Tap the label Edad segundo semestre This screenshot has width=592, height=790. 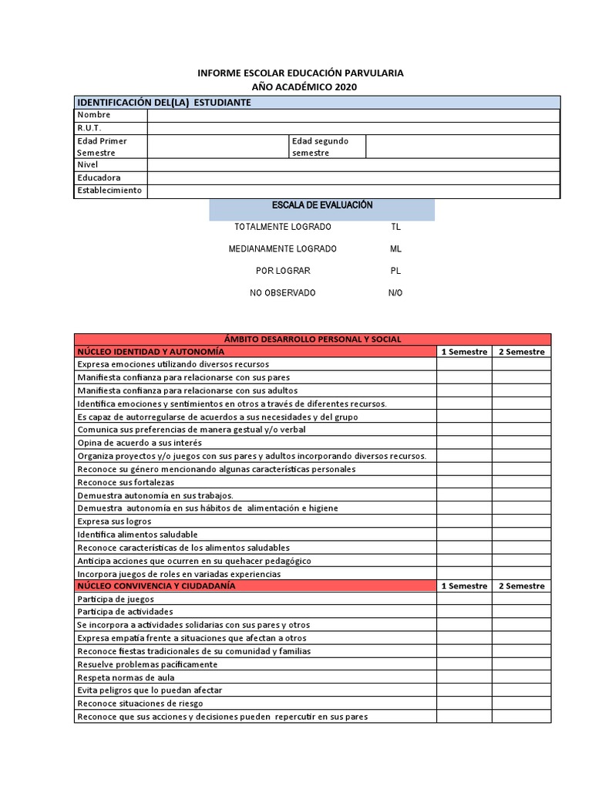pos(321,147)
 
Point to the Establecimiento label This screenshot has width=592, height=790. pos(109,191)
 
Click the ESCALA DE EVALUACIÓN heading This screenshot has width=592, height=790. pos(322,205)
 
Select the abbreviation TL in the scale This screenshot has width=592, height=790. pos(395,228)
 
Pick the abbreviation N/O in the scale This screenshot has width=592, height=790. pos(395,293)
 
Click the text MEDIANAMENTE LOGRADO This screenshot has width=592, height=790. pos(283,249)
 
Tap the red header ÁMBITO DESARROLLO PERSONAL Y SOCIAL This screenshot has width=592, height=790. pos(312,339)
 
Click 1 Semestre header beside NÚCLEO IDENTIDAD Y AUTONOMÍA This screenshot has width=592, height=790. pos(464,352)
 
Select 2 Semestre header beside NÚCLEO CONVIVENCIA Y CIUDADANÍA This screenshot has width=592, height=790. pos(522,586)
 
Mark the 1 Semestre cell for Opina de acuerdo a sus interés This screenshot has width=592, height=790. pos(464,443)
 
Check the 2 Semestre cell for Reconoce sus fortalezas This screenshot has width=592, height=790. pos(522,482)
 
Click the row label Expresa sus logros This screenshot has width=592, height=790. pos(114,522)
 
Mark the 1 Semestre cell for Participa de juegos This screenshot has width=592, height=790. pos(464,599)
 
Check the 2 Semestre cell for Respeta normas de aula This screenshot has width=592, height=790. pos(522,677)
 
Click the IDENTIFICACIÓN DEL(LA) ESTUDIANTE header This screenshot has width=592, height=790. pos(163,103)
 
